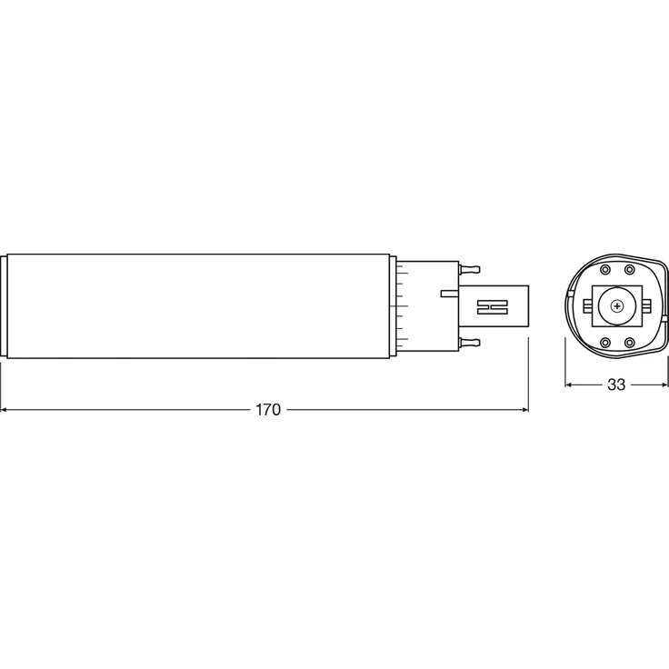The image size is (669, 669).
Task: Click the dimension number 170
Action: (x=267, y=410)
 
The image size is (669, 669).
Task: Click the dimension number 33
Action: (x=616, y=384)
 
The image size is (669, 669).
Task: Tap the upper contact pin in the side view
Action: (x=471, y=269)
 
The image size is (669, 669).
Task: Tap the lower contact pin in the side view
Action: (x=471, y=342)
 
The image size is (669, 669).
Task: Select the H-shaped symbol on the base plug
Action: (x=491, y=306)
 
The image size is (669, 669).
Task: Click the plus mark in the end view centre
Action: (x=618, y=306)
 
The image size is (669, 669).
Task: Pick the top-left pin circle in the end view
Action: (x=606, y=270)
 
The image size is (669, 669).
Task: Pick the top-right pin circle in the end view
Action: (x=629, y=270)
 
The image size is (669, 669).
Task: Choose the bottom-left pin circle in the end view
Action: (x=606, y=343)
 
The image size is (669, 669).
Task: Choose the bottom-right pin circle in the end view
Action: (x=629, y=343)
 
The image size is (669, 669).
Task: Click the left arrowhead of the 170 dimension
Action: (x=5, y=410)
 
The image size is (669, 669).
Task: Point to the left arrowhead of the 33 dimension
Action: (x=571, y=384)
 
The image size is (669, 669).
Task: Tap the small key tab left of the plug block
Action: (x=449, y=293)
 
